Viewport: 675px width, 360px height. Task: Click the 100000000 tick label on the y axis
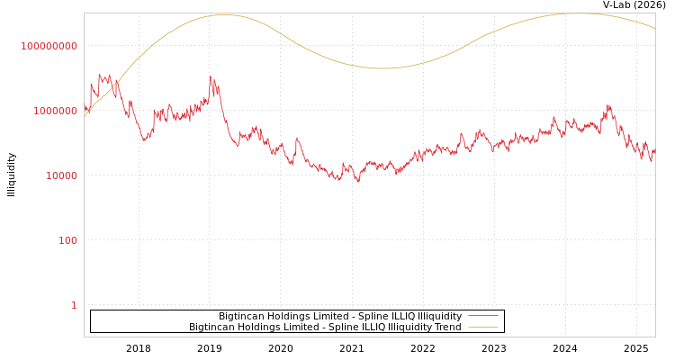coord(49,46)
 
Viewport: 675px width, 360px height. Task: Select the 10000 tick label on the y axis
coord(61,175)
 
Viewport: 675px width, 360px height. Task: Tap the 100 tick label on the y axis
coord(67,240)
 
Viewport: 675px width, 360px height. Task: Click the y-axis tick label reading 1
coord(74,305)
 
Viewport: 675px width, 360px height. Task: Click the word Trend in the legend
coord(446,328)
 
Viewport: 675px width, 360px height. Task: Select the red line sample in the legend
coord(483,317)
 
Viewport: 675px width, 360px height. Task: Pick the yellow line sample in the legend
coord(483,328)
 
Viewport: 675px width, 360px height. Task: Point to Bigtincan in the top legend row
coord(243,317)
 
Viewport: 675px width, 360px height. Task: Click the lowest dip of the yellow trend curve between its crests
coord(382,68)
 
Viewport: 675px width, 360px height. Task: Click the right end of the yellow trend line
coord(654,28)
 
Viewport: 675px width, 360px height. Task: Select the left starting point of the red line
coord(85,108)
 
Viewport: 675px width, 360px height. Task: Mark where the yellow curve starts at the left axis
coord(85,117)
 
